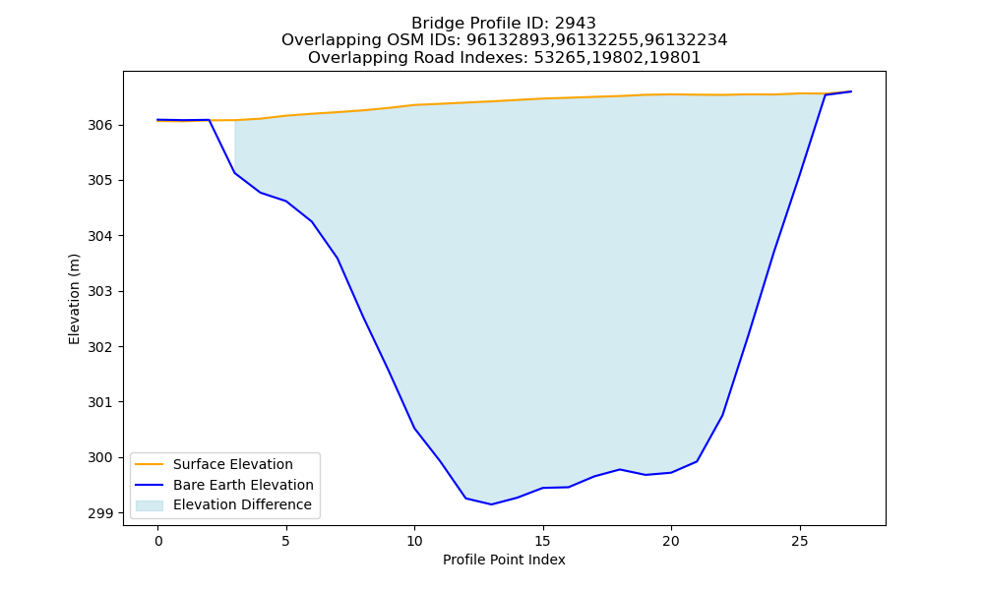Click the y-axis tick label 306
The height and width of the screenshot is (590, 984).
99,126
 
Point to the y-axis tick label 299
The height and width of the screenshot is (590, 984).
99,513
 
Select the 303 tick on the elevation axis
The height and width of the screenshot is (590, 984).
99,291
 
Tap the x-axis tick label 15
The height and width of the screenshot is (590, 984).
543,541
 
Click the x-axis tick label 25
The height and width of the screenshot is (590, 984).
799,541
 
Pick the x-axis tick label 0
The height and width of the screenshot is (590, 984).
158,541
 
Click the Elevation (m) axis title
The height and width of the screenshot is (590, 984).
74,299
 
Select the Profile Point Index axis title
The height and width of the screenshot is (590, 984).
504,560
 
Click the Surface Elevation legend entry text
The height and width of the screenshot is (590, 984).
233,464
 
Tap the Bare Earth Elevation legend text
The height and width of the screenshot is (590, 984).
243,485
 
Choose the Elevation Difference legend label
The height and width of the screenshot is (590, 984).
242,504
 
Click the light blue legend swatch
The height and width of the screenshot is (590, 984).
150,505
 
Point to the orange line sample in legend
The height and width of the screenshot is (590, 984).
150,464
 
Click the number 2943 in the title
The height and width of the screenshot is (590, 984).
575,24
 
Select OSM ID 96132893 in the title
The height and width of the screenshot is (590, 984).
510,40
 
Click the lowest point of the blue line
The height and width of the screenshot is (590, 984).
491,504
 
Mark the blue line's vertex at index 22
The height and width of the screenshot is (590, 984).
722,415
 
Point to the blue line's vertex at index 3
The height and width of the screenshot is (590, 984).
235,172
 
